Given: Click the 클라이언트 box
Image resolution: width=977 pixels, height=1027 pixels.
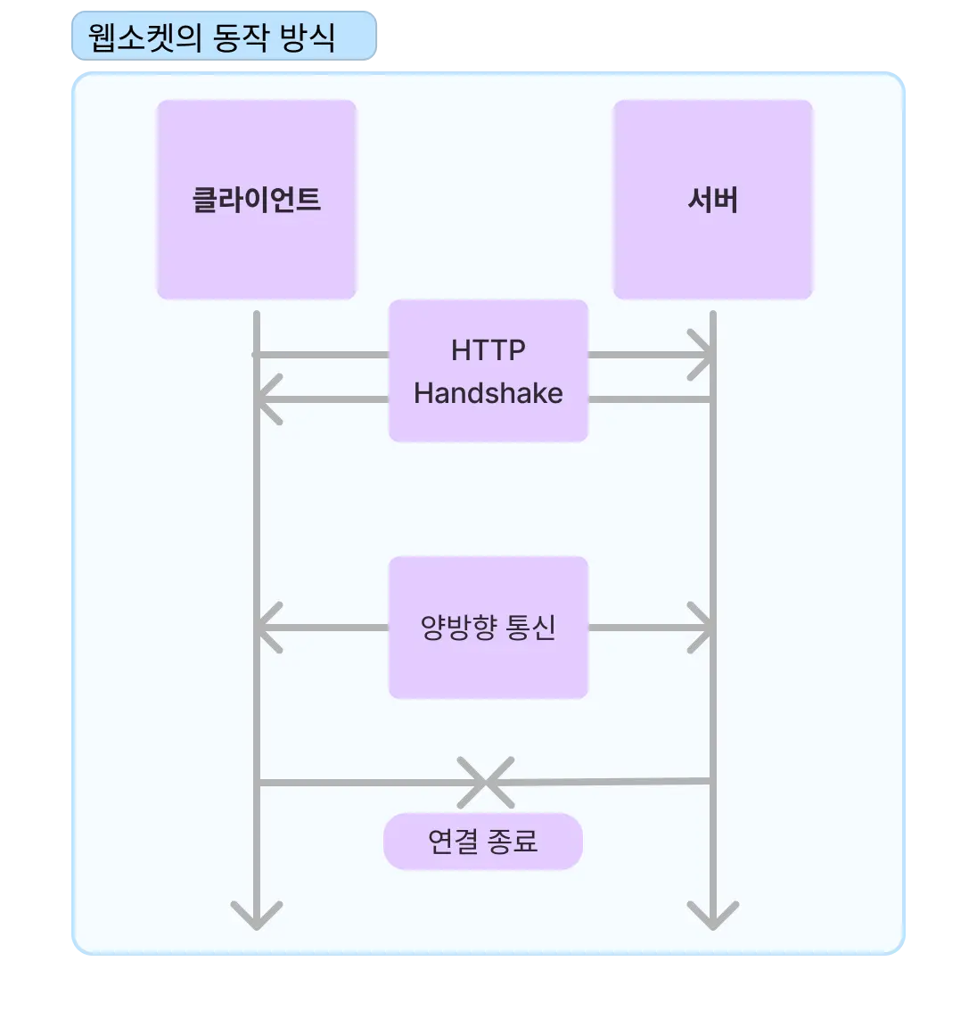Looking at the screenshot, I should [257, 200].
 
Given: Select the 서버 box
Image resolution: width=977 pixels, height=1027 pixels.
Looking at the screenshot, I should [712, 200].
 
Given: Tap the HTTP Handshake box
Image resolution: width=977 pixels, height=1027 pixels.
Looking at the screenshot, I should [488, 371].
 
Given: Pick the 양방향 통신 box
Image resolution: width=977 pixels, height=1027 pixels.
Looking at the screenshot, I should [488, 628].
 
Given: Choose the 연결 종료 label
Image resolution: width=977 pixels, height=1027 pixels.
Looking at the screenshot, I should [482, 841].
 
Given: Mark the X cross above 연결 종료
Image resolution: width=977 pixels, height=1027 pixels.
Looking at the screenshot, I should [486, 782].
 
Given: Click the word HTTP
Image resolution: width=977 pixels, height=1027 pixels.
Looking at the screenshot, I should [488, 350].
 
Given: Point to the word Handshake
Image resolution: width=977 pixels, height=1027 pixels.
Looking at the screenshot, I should [488, 393].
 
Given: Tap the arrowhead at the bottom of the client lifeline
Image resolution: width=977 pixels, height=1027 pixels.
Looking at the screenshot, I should [257, 918].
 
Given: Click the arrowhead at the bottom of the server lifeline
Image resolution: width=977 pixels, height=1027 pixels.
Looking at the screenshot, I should [713, 918].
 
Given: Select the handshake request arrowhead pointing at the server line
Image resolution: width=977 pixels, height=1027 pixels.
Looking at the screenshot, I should [704, 355].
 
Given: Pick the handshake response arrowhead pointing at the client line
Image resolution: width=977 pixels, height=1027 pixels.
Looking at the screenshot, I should [266, 398].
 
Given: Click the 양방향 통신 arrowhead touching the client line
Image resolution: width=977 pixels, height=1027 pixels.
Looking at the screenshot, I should [266, 628].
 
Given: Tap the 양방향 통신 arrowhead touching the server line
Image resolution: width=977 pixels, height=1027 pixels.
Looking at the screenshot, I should [704, 628].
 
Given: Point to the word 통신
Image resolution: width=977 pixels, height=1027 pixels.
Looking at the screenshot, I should [531, 628].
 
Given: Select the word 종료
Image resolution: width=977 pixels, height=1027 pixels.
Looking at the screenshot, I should [513, 841].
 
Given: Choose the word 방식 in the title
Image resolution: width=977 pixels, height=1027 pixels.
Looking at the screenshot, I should [308, 37].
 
